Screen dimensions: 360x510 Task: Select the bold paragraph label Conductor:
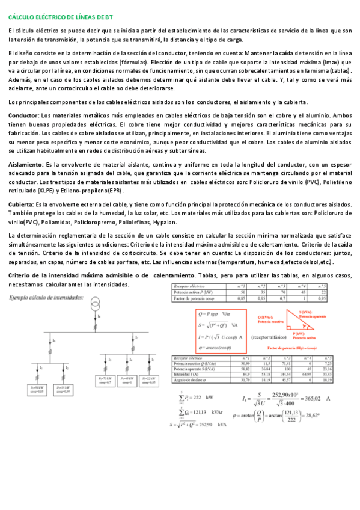23,115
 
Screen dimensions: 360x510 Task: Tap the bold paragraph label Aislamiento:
26,164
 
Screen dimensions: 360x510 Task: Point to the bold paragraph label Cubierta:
21,205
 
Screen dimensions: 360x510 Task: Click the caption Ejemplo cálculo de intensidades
46,298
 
